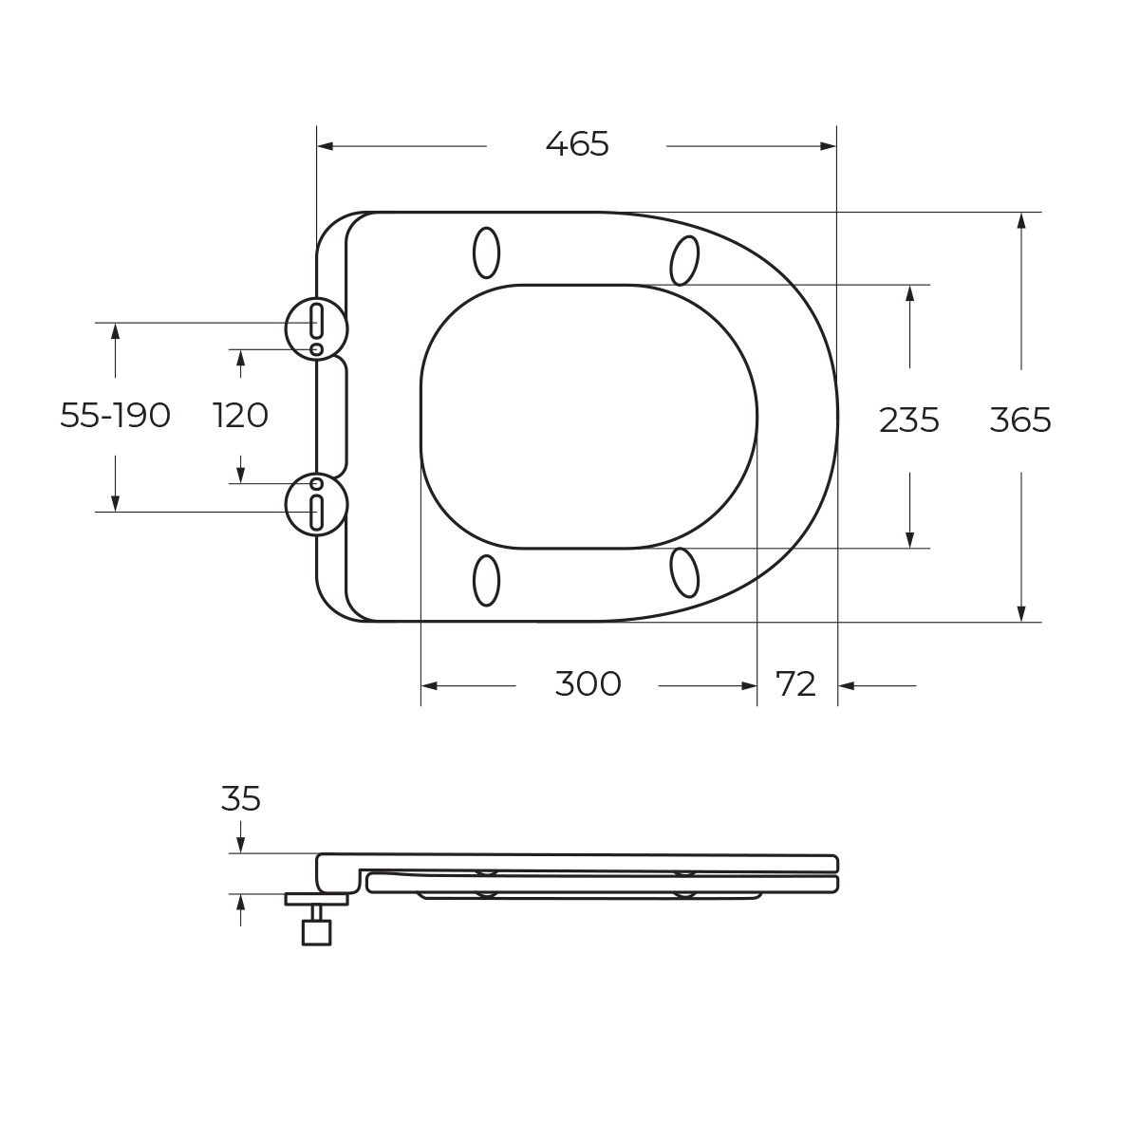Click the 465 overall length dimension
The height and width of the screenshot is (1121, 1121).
[577, 144]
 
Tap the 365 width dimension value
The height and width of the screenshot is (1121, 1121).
[1020, 420]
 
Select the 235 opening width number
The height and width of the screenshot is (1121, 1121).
[908, 420]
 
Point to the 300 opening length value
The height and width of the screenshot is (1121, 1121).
[588, 684]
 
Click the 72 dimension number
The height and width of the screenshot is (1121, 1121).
[795, 684]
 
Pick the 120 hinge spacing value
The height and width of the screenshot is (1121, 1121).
[240, 416]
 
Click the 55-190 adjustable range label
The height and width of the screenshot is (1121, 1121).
[115, 416]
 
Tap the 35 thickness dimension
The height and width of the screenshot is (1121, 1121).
[240, 798]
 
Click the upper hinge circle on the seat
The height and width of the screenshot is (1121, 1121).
[286, 328]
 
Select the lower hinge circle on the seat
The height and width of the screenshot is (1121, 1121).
[286, 505]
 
